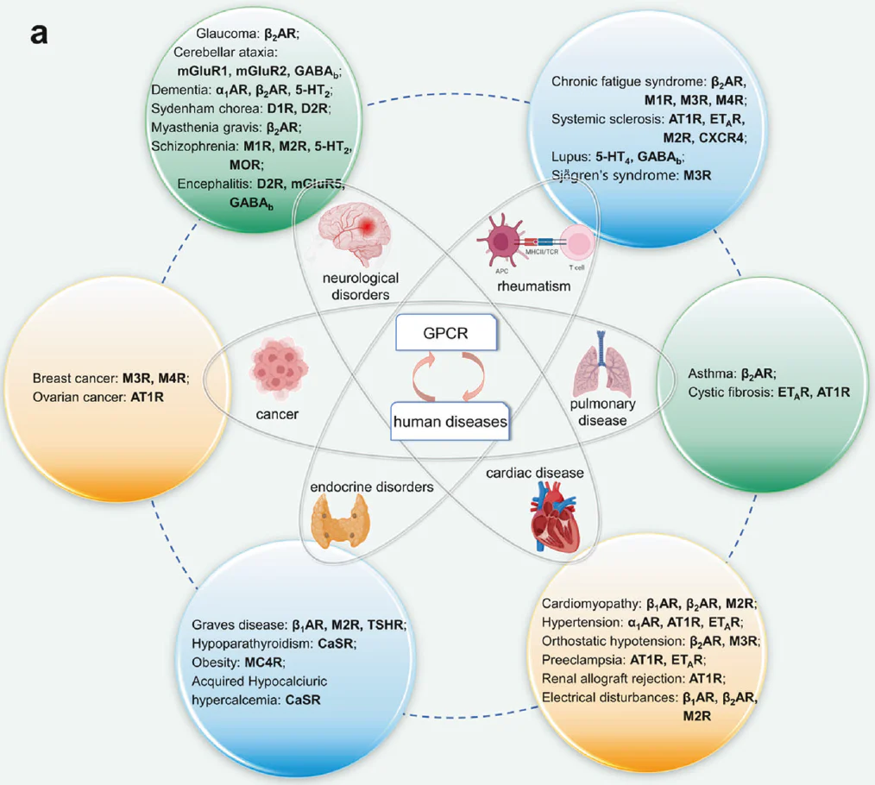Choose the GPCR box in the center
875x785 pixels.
pos(445,334)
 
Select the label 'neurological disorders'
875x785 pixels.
pos(361,286)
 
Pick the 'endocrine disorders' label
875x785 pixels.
pos(372,487)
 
